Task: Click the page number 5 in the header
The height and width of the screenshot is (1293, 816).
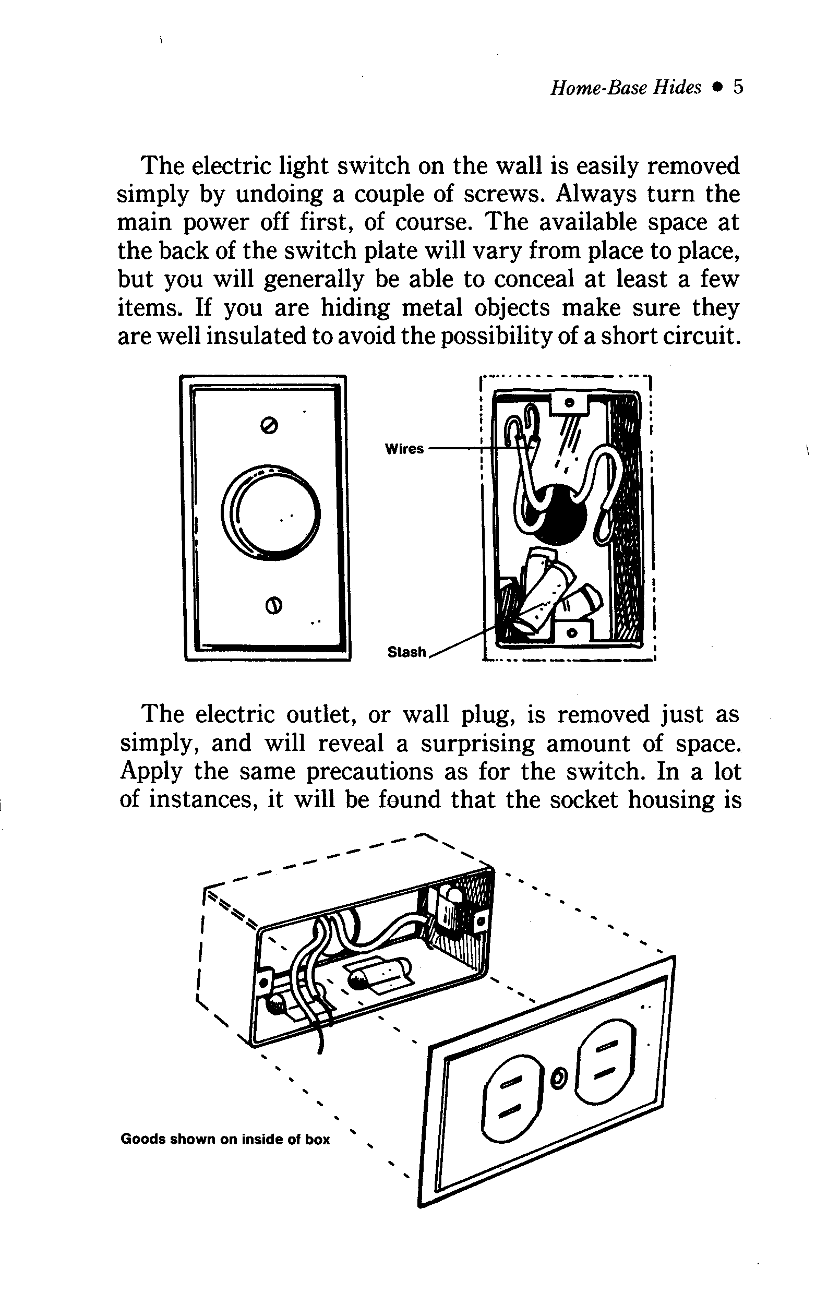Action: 738,87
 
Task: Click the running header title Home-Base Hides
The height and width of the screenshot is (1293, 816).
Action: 626,88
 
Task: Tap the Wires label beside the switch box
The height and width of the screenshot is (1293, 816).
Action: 404,449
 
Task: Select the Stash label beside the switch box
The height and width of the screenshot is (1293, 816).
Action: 406,652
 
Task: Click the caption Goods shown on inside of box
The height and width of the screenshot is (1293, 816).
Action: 225,1139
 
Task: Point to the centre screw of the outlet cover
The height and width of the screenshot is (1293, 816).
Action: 558,1076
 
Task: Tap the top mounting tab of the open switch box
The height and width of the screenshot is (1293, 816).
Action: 570,402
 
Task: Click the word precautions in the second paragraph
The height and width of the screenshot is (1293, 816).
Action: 370,772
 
